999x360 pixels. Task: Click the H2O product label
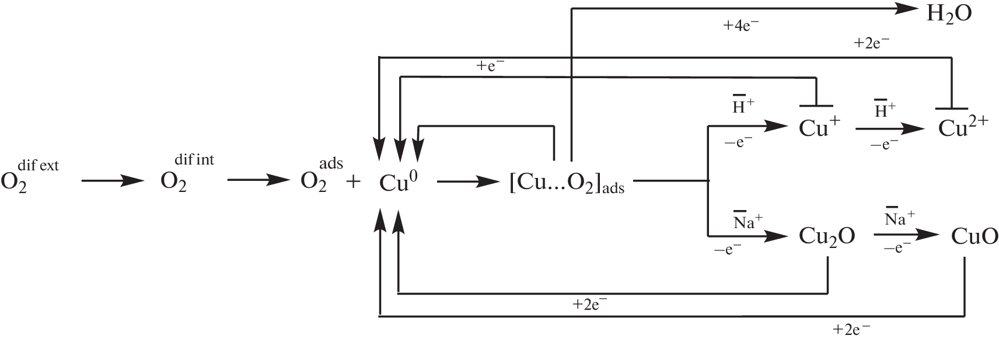click(x=949, y=14)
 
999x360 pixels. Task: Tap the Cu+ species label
click(x=819, y=128)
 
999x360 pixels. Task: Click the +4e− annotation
click(x=741, y=26)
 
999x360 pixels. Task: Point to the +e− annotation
click(x=490, y=66)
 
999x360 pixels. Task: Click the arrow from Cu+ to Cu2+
click(x=890, y=129)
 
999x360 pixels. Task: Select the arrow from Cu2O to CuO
click(x=906, y=236)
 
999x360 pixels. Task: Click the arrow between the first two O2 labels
click(x=112, y=181)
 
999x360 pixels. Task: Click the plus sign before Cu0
click(x=353, y=182)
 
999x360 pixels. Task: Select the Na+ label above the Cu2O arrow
click(x=748, y=222)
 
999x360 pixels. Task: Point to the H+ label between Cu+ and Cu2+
click(x=885, y=110)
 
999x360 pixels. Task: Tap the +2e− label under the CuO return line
click(x=851, y=330)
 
